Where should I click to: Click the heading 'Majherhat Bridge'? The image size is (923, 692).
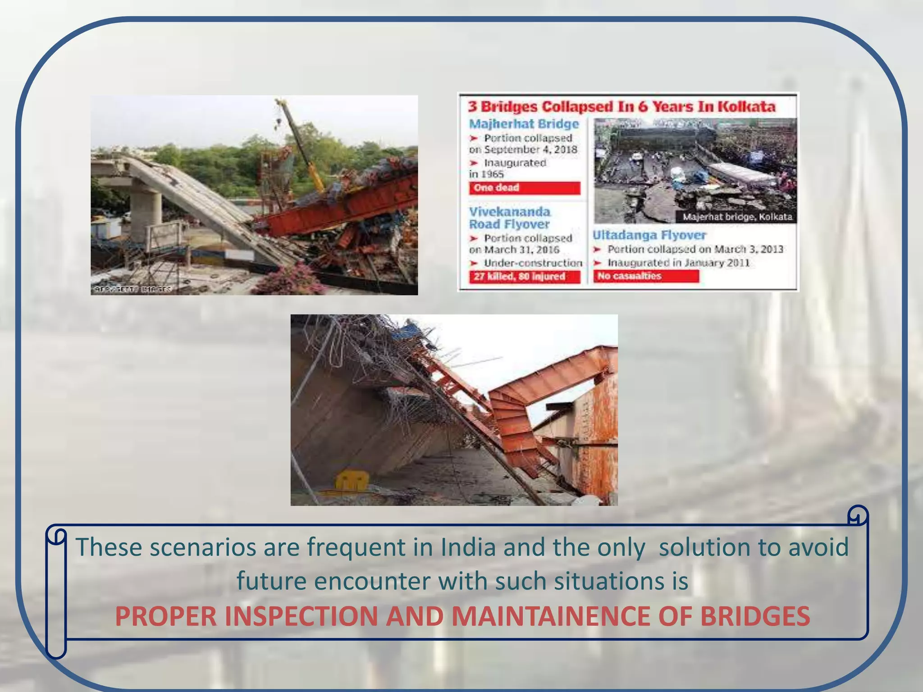point(524,124)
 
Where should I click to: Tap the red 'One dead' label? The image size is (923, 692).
point(524,188)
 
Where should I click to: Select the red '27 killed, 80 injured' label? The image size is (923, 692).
point(524,276)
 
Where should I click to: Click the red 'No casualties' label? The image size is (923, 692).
point(645,276)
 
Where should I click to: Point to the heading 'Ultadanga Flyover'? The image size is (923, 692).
point(649,235)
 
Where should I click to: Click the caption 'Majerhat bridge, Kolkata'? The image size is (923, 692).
point(737,217)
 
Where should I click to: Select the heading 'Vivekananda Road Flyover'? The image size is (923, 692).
point(509,218)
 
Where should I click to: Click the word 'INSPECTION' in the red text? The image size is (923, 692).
point(301,616)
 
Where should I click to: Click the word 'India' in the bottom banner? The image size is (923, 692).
point(468,547)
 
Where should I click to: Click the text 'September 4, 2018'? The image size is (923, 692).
point(530,150)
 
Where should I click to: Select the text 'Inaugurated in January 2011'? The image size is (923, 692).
point(678,263)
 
